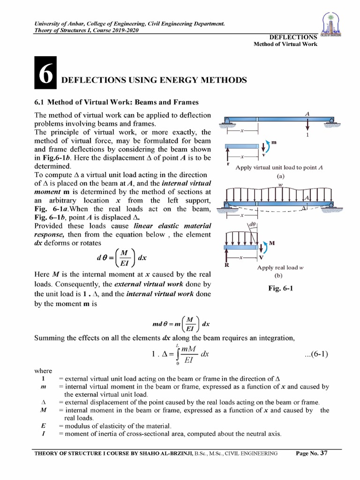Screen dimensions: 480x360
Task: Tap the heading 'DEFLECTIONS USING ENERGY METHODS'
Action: pyautogui.click(x=154, y=80)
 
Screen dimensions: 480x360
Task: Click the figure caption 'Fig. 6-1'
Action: pyautogui.click(x=280, y=289)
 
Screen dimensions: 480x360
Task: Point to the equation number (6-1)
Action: pyautogui.click(x=316, y=354)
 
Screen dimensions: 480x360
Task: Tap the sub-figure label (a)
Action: pyautogui.click(x=280, y=176)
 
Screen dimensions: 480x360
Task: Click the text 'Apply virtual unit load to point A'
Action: pyautogui.click(x=279, y=167)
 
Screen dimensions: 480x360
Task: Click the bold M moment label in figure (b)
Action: pyautogui.click(x=271, y=244)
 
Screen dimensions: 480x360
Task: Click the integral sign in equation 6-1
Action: pyautogui.click(x=176, y=354)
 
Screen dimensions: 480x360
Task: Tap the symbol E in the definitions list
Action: pyautogui.click(x=43, y=426)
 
